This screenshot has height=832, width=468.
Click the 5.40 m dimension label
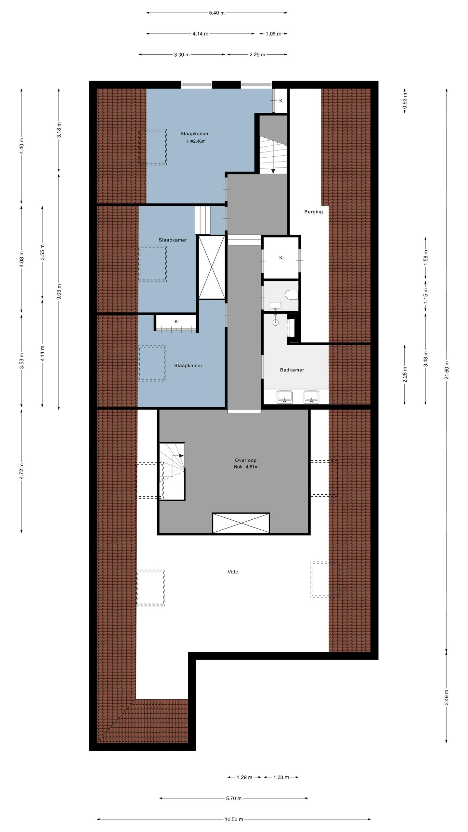coord(216,13)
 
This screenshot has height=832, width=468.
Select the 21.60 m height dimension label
coord(447,370)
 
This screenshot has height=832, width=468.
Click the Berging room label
coord(313,212)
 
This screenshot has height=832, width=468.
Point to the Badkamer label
coord(292,370)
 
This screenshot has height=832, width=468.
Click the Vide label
coord(233,572)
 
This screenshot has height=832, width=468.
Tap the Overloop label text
coord(246,460)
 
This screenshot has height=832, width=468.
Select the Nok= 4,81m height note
coord(246,467)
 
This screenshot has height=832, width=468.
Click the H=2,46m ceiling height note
coord(196,141)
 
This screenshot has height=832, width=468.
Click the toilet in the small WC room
coord(292,295)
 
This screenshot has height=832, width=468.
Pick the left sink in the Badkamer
coord(285,397)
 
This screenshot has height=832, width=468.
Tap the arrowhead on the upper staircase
coord(273,171)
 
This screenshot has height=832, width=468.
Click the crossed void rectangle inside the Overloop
coord(241,523)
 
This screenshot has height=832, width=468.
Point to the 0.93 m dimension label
coord(405,101)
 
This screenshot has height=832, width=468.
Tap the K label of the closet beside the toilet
coord(281,258)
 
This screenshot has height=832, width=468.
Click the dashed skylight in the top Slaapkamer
coord(153,147)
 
